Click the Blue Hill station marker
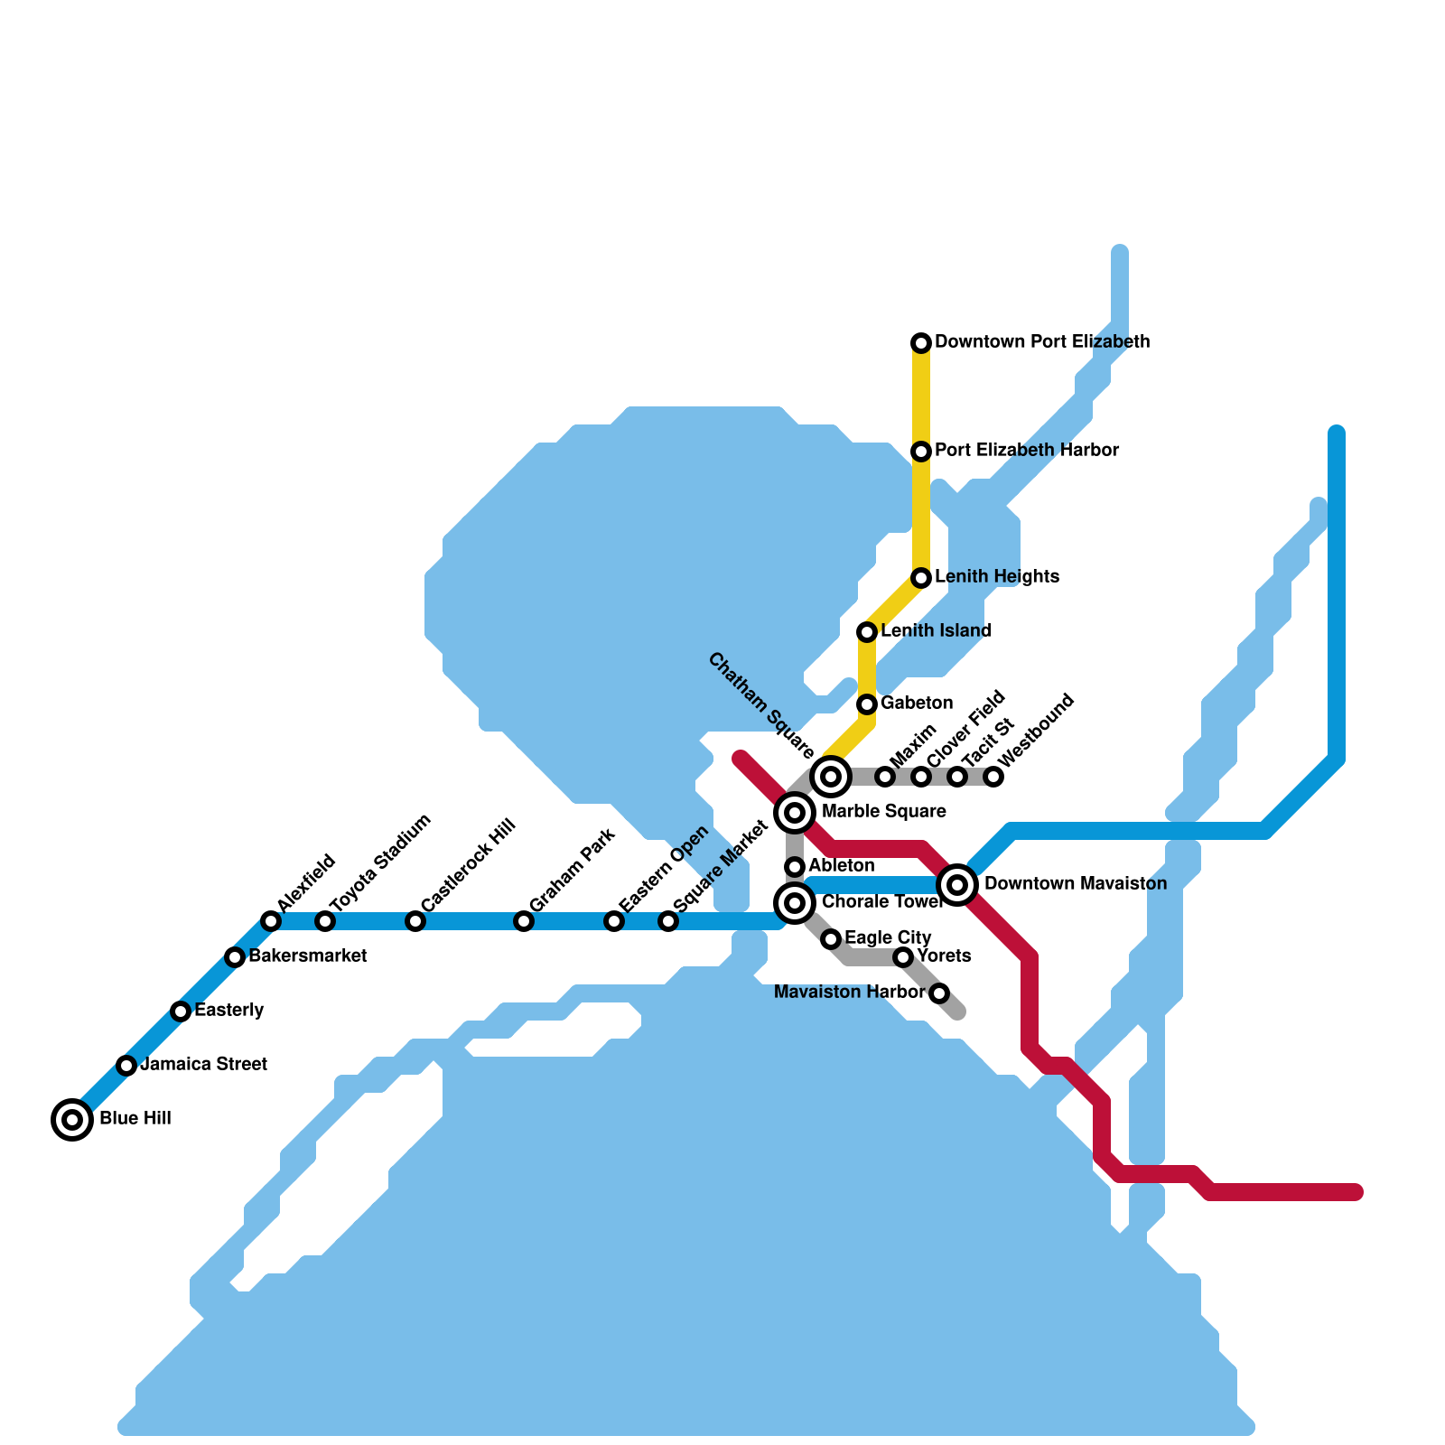point(72,1120)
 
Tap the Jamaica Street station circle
point(126,1066)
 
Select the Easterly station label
point(228,1011)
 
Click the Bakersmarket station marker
point(235,957)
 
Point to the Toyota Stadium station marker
point(325,921)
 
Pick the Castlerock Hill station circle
point(415,921)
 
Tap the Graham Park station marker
point(524,921)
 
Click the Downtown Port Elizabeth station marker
point(921,342)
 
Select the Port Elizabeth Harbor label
point(1027,451)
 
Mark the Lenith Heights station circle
point(921,577)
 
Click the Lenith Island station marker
point(867,631)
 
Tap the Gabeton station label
point(916,704)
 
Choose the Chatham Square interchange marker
point(831,776)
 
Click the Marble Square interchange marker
point(795,813)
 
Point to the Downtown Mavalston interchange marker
point(957,884)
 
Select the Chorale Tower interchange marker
point(795,902)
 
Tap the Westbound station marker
point(993,777)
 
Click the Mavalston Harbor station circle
point(939,993)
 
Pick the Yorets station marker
point(903,957)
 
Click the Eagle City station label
point(887,938)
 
